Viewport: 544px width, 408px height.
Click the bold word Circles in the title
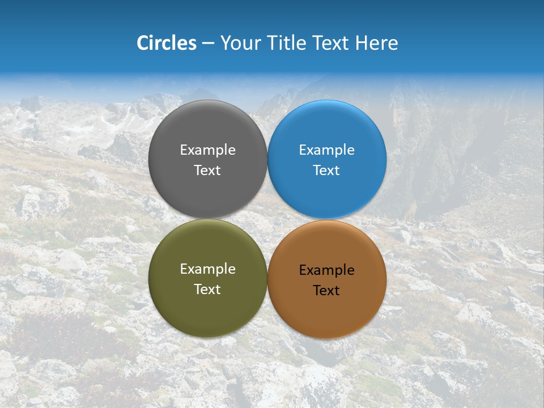[167, 43]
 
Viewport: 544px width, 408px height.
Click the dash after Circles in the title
[208, 44]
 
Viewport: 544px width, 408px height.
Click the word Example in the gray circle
[207, 150]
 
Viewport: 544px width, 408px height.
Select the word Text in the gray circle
[207, 170]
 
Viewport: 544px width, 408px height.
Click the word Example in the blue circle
[326, 150]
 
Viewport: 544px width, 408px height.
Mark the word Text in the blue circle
[326, 170]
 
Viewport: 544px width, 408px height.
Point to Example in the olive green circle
[207, 269]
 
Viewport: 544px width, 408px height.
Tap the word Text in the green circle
[207, 289]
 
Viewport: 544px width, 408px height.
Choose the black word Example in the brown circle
[326, 270]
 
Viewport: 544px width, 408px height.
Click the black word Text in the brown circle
[326, 290]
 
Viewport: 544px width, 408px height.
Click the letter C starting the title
[143, 43]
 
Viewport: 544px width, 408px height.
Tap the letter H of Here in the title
[361, 43]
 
